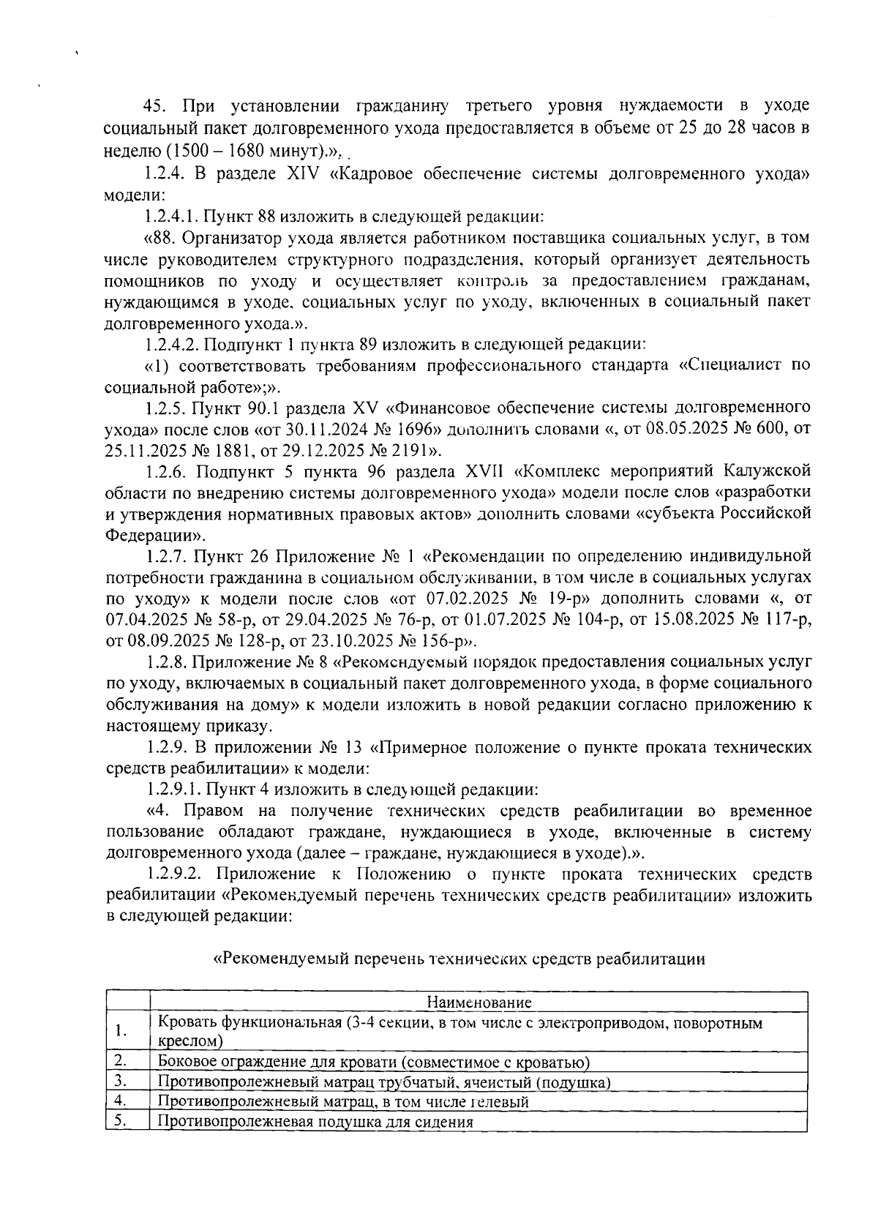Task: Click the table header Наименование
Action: tap(479, 1003)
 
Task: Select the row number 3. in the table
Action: tap(121, 1082)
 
